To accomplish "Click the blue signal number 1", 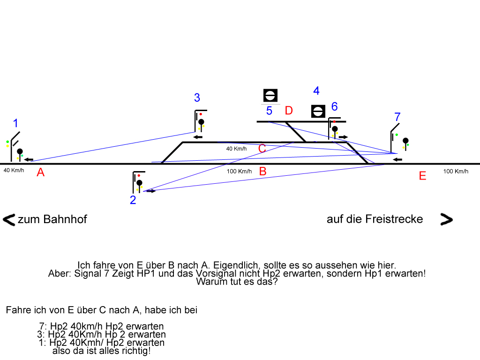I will [x=15, y=124].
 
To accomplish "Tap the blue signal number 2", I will [x=133, y=200].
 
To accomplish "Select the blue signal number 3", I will [x=197, y=97].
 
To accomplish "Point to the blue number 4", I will [x=316, y=91].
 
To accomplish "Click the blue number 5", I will [x=269, y=111].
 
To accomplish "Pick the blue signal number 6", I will [x=334, y=106].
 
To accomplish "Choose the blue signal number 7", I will [x=397, y=117].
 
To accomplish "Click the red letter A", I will [x=41, y=172].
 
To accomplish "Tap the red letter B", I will [x=263, y=171].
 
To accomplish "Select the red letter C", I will [x=262, y=149].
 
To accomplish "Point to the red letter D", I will [x=289, y=111].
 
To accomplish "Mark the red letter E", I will [x=422, y=176].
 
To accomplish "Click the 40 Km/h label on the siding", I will [x=236, y=149].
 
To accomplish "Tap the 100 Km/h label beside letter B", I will [x=239, y=171].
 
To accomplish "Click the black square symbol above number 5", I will [x=270, y=96].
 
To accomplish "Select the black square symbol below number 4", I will [x=318, y=111].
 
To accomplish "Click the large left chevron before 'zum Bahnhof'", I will [x=9, y=219].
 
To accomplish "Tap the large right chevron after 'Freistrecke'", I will [x=446, y=219].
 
